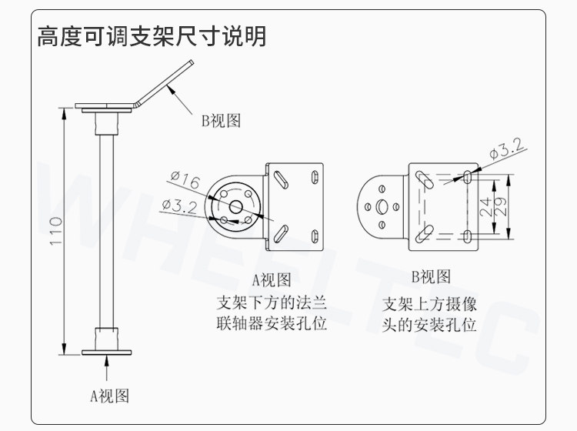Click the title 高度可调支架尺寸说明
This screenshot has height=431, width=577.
coord(152,36)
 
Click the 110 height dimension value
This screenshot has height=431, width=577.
coord(56,231)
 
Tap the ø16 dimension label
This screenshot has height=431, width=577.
coord(185,179)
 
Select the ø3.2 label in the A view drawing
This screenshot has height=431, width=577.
coord(179,206)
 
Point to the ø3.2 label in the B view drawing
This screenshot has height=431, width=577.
coord(507,149)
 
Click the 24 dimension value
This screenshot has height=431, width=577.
coord(485,206)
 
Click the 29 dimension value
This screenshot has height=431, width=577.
coord(501,206)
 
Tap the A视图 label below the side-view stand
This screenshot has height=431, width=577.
coord(110,396)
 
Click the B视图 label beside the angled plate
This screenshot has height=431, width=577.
coord(221,120)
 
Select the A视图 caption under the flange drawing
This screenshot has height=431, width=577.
coord(272,279)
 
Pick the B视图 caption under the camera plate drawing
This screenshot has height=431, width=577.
coord(431,277)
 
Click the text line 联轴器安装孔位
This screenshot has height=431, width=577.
coord(272,323)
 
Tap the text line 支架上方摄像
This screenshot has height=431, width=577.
coord(429,304)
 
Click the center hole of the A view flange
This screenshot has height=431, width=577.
coord(235,207)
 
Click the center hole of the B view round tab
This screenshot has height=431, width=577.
coord(382,207)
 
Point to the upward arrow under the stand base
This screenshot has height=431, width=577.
coord(107,368)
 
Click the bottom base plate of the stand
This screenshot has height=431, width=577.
coord(106,352)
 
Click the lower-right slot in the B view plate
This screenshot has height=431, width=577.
coord(467,236)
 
